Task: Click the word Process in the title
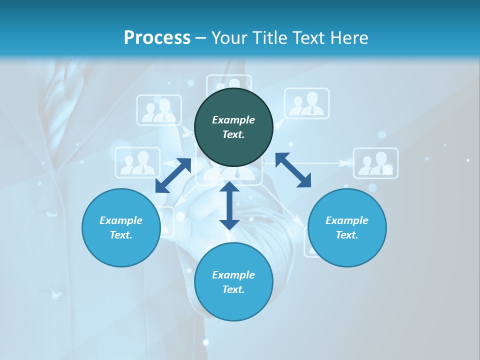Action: [157, 37]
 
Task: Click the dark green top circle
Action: [233, 127]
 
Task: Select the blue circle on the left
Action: [121, 227]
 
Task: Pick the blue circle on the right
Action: [347, 227]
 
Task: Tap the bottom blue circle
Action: [233, 282]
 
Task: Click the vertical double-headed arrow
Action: [229, 205]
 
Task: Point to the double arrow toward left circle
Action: [173, 175]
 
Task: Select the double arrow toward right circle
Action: [293, 170]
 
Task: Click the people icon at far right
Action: [376, 163]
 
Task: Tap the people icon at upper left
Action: [159, 110]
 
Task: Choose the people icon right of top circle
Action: [307, 103]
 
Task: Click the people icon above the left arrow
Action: [137, 162]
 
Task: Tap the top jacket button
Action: [51, 213]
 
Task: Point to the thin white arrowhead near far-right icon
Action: [345, 163]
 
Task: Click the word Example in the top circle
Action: [233, 120]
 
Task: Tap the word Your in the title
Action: [226, 37]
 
